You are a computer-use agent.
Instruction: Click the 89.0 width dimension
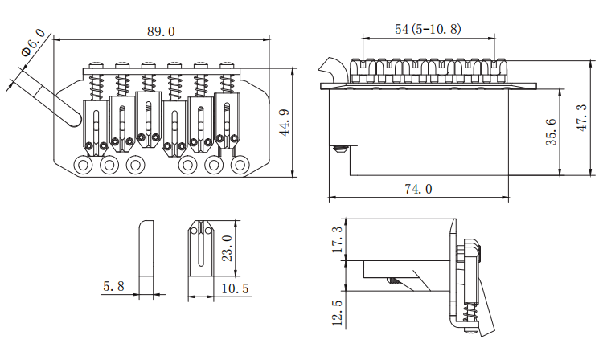tap(161, 31)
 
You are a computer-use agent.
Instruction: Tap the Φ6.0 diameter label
tap(34, 43)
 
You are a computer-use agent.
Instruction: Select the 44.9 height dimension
tap(284, 123)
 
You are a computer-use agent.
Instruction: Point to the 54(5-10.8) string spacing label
tap(428, 29)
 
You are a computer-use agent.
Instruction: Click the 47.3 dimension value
tap(582, 117)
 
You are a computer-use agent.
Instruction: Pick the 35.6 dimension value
tap(551, 132)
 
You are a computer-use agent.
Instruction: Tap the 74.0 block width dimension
tap(418, 189)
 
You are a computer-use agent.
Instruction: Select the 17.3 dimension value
tap(337, 239)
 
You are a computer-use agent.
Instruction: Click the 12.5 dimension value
tap(337, 313)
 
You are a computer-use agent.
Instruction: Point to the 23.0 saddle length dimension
tap(228, 248)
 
